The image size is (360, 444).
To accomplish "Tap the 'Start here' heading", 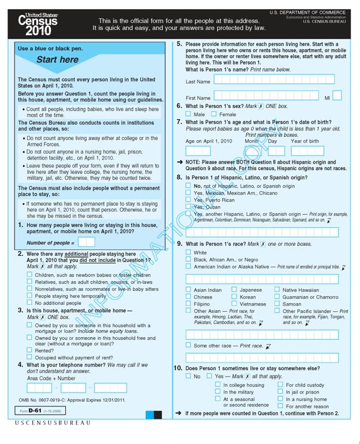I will click(x=57, y=60).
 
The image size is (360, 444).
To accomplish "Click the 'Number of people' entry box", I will click(x=86, y=242).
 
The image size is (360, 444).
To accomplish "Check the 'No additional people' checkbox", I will click(x=29, y=303).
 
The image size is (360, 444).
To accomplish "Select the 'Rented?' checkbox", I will click(x=29, y=350).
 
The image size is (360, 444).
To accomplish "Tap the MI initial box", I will click(x=337, y=96).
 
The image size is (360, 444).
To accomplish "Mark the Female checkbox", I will click(x=214, y=114).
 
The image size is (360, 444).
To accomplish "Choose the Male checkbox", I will click(x=189, y=114).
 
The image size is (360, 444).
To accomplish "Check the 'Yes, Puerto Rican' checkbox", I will click(x=189, y=200).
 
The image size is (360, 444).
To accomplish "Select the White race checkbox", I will click(x=189, y=252).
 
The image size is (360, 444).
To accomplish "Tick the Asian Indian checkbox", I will click(x=189, y=290).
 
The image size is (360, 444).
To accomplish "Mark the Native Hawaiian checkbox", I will click(x=277, y=290).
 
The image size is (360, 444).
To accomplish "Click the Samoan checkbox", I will click(x=277, y=304).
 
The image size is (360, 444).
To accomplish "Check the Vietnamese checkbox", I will click(x=234, y=304).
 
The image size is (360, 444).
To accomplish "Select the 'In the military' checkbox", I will click(x=217, y=392).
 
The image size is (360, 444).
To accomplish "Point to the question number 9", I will click(x=179, y=244).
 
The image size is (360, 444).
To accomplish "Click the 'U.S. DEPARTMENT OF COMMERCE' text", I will click(x=307, y=12).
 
